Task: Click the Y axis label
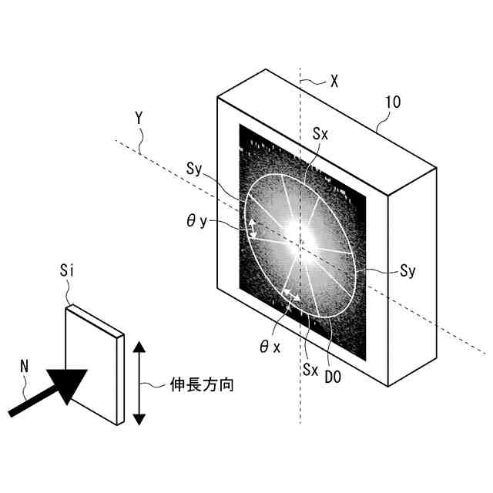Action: (x=139, y=119)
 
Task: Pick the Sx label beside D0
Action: (x=310, y=369)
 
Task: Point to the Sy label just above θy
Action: (x=194, y=169)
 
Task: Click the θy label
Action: (x=196, y=221)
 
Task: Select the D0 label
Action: (x=334, y=377)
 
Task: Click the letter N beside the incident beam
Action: (x=24, y=367)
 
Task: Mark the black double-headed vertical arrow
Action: (x=139, y=383)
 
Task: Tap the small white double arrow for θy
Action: (x=251, y=228)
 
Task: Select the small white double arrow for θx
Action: (x=290, y=294)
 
